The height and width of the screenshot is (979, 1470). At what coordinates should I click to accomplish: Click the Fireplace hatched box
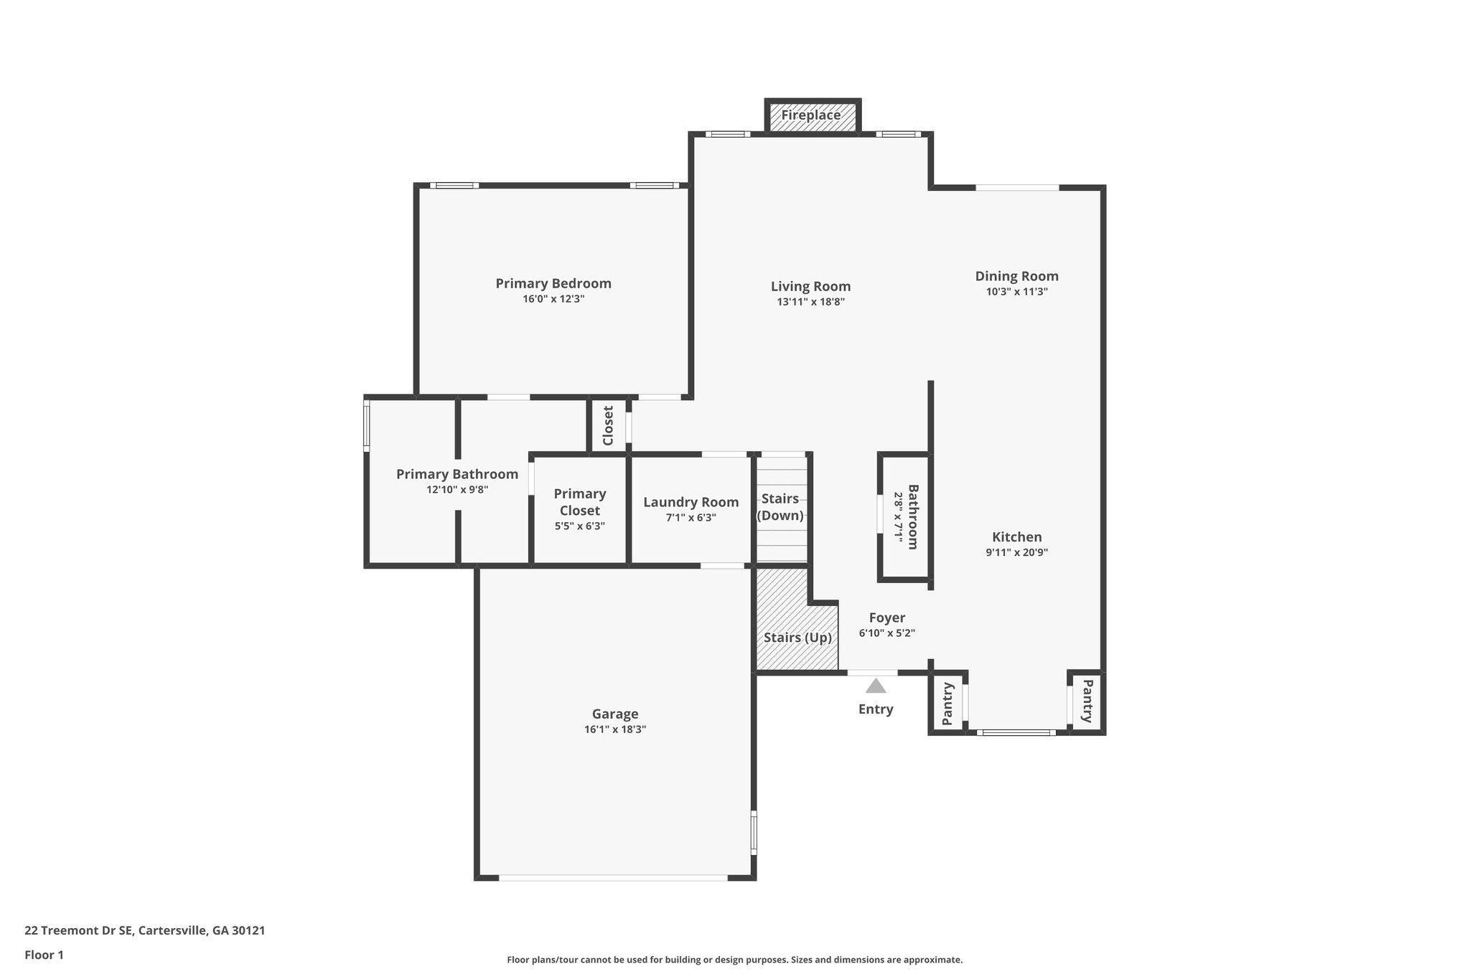[x=812, y=116]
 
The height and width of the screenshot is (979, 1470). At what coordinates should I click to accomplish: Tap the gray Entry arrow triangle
[x=875, y=686]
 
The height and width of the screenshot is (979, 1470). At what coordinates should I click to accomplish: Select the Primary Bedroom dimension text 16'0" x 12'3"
[x=553, y=299]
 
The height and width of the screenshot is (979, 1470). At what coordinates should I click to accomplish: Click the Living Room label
[x=810, y=286]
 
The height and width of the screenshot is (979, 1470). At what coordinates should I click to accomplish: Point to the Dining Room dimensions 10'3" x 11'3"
[x=1016, y=292]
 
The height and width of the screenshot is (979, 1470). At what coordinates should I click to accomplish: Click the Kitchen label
[x=1016, y=536]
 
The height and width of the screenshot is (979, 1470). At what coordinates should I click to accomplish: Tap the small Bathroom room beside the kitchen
[x=905, y=516]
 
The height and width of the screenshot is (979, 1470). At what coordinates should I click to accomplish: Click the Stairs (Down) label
[x=780, y=506]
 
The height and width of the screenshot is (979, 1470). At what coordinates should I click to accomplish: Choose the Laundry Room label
[x=690, y=502]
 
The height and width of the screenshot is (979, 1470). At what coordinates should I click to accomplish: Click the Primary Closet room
[x=580, y=509]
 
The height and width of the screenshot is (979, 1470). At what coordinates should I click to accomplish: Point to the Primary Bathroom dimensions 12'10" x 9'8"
[x=457, y=490]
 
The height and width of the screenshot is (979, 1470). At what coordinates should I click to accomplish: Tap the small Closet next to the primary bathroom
[x=608, y=425]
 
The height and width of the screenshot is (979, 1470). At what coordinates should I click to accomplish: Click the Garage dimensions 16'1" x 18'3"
[x=615, y=729]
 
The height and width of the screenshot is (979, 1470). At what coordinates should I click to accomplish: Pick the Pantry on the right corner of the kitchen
[x=1087, y=701]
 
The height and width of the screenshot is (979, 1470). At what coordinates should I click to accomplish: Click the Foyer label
[x=887, y=618]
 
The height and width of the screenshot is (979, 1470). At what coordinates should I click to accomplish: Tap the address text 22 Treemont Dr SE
[x=79, y=931]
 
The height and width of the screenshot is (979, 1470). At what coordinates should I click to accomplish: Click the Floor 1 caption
[x=45, y=955]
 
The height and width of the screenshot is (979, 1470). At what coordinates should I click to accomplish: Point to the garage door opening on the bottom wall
[x=614, y=877]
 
